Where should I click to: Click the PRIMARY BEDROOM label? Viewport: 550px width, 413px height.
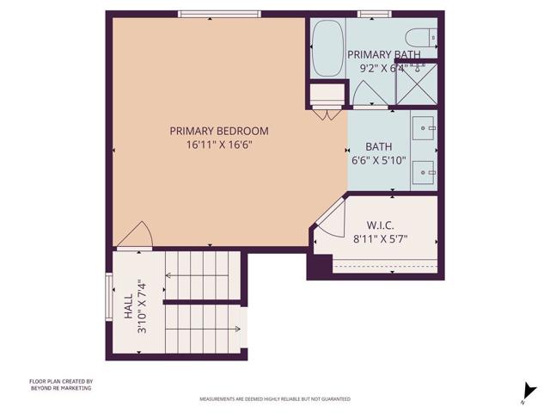tap(218, 131)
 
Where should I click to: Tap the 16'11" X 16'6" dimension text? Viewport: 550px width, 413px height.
tap(218, 145)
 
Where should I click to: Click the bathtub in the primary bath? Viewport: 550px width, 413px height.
tap(327, 50)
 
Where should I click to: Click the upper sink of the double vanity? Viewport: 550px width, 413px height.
tap(425, 128)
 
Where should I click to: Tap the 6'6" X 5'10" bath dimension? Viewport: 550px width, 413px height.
tap(378, 160)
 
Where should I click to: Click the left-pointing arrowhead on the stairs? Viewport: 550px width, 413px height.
tap(168, 275)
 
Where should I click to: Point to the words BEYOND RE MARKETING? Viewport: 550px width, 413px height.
tap(60, 388)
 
